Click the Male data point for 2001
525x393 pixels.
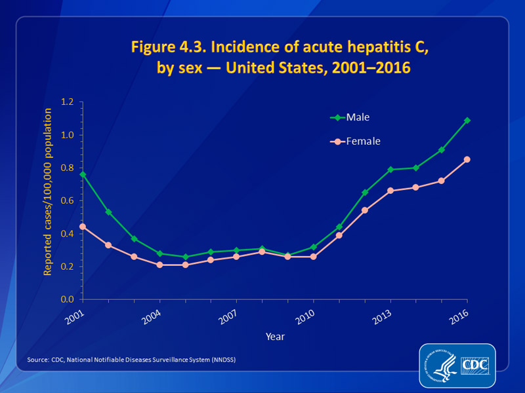point(83,174)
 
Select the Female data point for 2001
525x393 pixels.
point(83,227)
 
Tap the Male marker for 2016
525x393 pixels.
point(467,121)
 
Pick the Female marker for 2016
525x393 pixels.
point(467,159)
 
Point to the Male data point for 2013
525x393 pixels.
point(390,170)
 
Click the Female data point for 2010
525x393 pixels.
point(314,257)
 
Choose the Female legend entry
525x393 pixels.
point(354,141)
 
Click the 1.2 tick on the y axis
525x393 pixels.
point(68,102)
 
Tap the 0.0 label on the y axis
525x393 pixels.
point(68,299)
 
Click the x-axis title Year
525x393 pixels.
point(275,336)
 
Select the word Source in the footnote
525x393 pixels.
point(38,360)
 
